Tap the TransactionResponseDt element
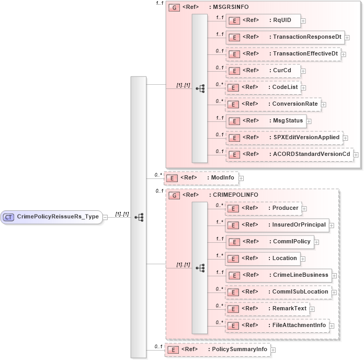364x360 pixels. pos(285,37)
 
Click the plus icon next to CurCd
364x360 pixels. pos(303,71)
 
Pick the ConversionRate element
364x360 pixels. pos(272,104)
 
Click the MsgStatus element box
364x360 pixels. pos(266,121)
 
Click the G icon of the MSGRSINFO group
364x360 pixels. pos(174,8)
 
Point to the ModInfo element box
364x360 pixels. pos(201,178)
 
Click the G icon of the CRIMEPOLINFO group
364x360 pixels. pos(174,195)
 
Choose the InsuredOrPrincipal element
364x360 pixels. pos(277,225)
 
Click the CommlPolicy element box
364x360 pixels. pos(269,242)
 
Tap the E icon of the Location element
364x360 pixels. pos(235,258)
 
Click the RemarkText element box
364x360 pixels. pos(267,309)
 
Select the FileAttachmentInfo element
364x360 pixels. pos(277,325)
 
